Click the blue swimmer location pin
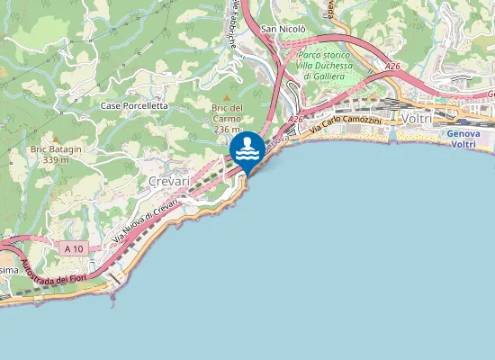247,149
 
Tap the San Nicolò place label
283,29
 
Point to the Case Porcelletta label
134,106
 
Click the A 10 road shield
75,247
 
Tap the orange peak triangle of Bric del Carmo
228,97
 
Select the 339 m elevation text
57,160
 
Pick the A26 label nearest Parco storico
391,66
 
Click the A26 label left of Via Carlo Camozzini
296,120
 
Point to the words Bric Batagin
56,149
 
